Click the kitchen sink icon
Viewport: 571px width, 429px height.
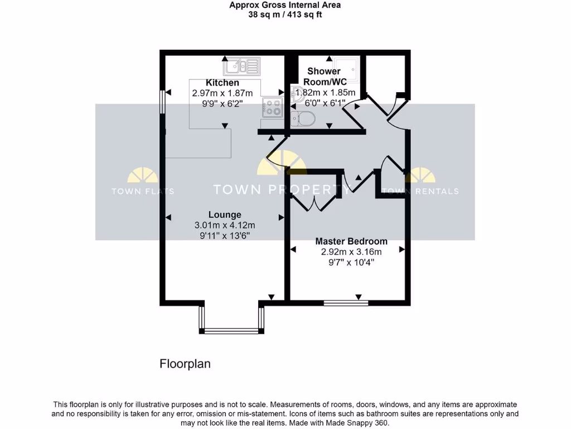click(242, 67)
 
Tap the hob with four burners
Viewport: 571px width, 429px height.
click(272, 107)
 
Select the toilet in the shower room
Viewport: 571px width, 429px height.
click(303, 118)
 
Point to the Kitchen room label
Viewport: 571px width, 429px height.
click(222, 83)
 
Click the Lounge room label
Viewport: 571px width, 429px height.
click(225, 214)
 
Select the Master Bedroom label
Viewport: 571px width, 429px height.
click(351, 241)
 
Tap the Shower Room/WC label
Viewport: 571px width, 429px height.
click(324, 77)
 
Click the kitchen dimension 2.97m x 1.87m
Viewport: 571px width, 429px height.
click(222, 93)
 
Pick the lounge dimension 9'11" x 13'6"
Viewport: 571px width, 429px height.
click(225, 236)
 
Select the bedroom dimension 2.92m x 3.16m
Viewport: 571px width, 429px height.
click(351, 252)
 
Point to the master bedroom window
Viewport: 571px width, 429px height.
click(346, 303)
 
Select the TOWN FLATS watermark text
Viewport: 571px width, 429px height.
click(143, 191)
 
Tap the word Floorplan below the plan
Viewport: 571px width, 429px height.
click(185, 364)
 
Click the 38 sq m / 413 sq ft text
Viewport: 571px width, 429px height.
click(285, 15)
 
